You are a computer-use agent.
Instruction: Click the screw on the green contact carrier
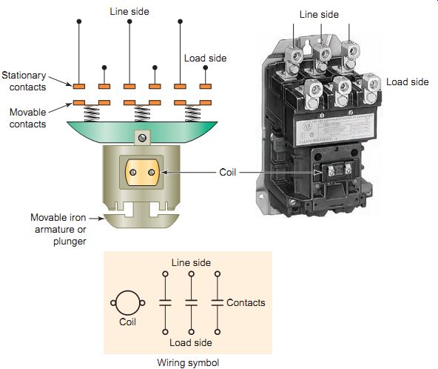click(x=142, y=138)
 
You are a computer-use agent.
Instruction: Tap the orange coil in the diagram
click(x=142, y=173)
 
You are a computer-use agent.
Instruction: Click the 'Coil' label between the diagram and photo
click(x=228, y=173)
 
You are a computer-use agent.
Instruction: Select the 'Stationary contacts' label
click(x=24, y=81)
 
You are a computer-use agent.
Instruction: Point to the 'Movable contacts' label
click(x=27, y=118)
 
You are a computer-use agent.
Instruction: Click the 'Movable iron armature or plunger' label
click(x=58, y=230)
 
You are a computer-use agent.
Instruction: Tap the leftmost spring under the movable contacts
click(x=92, y=113)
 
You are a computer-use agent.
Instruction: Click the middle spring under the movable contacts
click(x=142, y=113)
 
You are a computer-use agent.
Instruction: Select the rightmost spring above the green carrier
click(x=193, y=113)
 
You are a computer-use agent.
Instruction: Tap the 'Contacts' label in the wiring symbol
click(x=246, y=303)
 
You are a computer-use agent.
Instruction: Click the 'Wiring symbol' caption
click(x=188, y=363)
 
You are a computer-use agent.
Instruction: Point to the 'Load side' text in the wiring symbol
click(x=191, y=343)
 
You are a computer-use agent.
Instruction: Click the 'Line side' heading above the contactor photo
click(x=319, y=15)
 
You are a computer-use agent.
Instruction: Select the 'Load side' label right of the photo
click(x=407, y=82)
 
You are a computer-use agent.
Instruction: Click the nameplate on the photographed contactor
click(x=335, y=130)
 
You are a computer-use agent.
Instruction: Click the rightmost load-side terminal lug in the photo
click(x=371, y=88)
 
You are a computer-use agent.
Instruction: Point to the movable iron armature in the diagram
click(x=141, y=220)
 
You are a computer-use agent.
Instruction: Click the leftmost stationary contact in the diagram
click(x=79, y=87)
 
